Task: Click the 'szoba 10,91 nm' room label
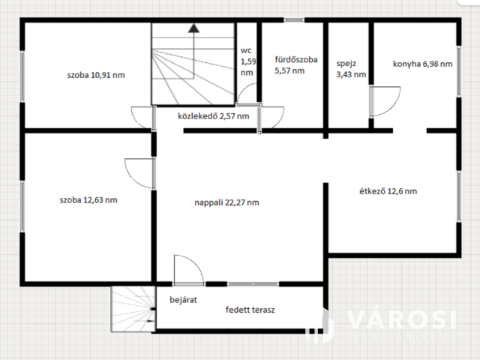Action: (x=96, y=75)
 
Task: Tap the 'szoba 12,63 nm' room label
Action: (x=88, y=200)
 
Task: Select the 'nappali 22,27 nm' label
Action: (x=226, y=202)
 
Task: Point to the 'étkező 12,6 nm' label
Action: (x=388, y=191)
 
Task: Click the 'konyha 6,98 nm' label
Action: (x=423, y=64)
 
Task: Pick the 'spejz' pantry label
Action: (x=346, y=64)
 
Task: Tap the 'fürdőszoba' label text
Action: (x=296, y=59)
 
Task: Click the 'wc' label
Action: (x=246, y=50)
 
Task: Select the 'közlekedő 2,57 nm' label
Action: (x=213, y=116)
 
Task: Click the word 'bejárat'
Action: (x=183, y=300)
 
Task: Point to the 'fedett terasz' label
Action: (x=250, y=310)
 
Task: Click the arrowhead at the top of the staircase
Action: (x=193, y=28)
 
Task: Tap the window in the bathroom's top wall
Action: (x=294, y=20)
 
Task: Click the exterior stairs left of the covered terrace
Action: (x=133, y=309)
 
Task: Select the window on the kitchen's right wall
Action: (x=459, y=71)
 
